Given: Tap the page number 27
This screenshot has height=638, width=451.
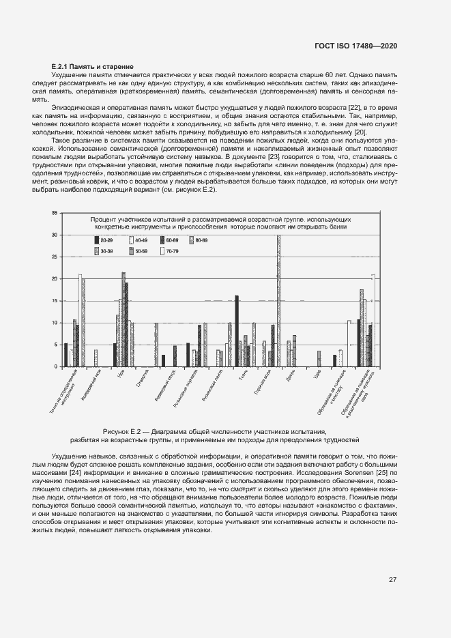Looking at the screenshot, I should pyautogui.click(x=393, y=580).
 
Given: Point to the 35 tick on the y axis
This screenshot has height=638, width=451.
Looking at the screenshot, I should pyautogui.click(x=55, y=214).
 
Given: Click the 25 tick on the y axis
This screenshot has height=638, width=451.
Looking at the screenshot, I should pyautogui.click(x=55, y=257).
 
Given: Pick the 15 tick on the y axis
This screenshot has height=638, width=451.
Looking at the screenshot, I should pyautogui.click(x=55, y=301).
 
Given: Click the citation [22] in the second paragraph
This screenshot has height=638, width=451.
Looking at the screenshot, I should pyautogui.click(x=355, y=108).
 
